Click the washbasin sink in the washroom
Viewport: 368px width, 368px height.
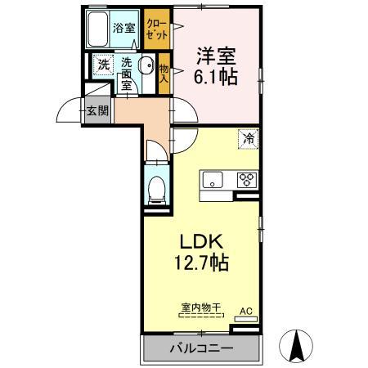[x=146, y=67]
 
